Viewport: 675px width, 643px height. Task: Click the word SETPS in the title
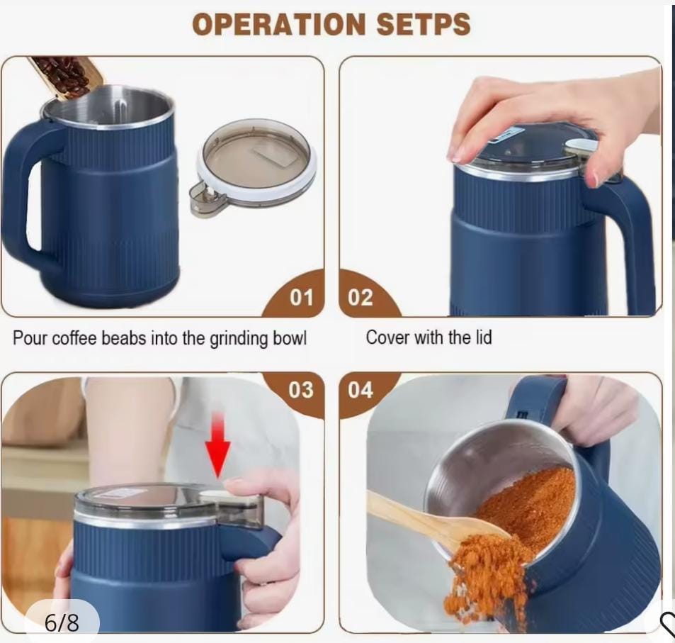424,23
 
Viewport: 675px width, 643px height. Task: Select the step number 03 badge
297,391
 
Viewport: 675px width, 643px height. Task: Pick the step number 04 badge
364,391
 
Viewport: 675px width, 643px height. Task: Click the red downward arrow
217,444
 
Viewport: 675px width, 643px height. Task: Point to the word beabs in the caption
123,338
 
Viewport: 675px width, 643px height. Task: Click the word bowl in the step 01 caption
290,338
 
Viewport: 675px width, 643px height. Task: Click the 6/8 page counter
62,622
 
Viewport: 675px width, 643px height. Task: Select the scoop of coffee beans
67,77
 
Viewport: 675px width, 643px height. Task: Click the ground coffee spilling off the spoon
487,574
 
